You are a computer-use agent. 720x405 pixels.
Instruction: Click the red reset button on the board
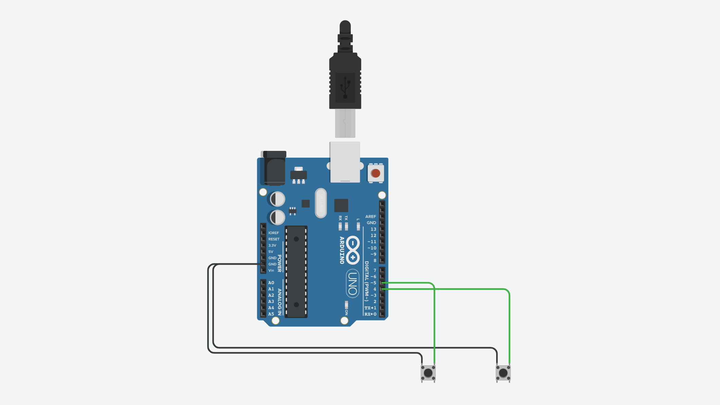tap(375, 173)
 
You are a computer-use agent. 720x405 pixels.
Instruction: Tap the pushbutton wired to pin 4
tap(503, 373)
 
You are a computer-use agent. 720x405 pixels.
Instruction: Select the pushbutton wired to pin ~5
tap(428, 373)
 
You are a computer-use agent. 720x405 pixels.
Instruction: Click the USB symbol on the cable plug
tap(345, 87)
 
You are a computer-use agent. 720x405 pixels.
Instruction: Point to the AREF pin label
tap(371, 216)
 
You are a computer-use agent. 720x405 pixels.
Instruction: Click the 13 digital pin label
tap(373, 229)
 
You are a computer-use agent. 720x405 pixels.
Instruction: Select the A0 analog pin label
tap(271, 283)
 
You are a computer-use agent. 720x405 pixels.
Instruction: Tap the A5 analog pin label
tap(271, 314)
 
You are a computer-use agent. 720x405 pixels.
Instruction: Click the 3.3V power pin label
tap(272, 245)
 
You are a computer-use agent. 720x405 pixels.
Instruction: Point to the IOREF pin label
tap(273, 233)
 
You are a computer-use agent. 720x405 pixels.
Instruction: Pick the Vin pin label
tap(271, 270)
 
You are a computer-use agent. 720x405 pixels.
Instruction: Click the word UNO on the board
tap(353, 283)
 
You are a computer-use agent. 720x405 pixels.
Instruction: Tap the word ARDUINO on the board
tap(342, 250)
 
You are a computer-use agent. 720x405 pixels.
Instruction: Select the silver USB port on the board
tap(345, 162)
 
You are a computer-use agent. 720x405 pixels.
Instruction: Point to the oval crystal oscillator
tap(321, 203)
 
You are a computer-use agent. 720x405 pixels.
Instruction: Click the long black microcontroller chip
tap(296, 272)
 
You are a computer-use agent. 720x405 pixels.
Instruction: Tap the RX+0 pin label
tap(370, 314)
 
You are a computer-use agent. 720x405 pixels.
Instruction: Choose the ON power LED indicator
tap(346, 303)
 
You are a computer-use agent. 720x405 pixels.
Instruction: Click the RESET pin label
tap(274, 239)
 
